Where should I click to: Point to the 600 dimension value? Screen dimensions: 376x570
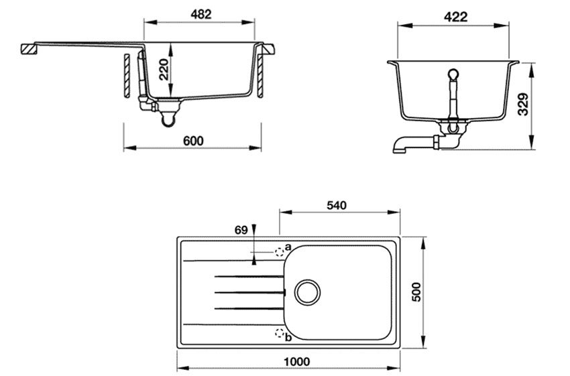(x=192, y=140)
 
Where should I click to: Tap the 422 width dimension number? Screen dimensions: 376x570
(x=456, y=17)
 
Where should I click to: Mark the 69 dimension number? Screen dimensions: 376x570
(x=241, y=230)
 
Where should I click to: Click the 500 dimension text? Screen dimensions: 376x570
(x=416, y=293)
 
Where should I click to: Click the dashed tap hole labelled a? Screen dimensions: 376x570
(x=280, y=252)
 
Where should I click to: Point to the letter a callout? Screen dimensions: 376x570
(x=288, y=247)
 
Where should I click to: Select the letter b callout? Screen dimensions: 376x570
(x=288, y=337)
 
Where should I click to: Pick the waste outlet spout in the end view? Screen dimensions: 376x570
(x=406, y=145)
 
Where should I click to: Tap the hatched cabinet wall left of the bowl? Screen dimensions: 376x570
(x=126, y=76)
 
